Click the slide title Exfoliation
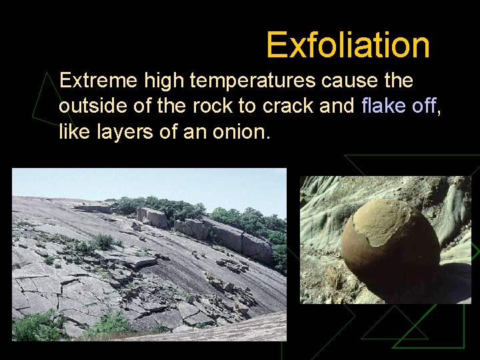tap(347, 45)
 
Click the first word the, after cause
tap(398, 81)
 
